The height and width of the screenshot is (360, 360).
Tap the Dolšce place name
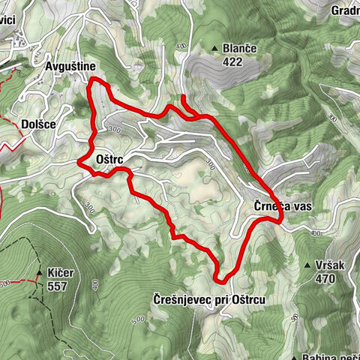click(x=37, y=124)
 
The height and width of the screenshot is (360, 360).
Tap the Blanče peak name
click(x=240, y=49)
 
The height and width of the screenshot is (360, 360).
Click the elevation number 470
click(x=324, y=279)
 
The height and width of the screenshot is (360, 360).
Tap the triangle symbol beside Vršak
click(x=307, y=265)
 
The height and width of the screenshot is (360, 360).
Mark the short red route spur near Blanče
click(x=185, y=104)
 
